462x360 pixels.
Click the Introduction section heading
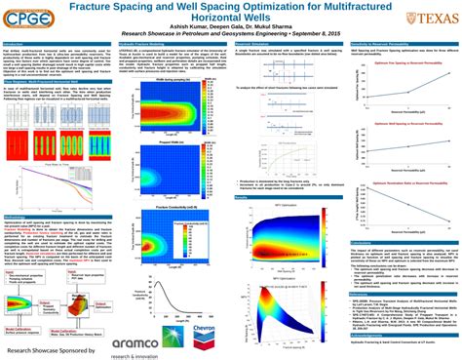coord(16,45)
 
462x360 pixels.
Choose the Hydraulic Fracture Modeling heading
coord(141,45)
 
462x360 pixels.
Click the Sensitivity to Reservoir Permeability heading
coord(385,45)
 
